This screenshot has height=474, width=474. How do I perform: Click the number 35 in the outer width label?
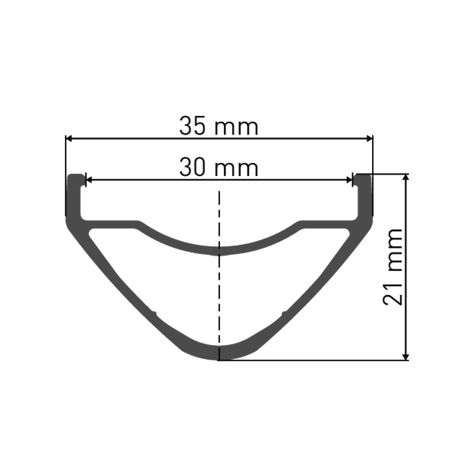[x=194, y=126]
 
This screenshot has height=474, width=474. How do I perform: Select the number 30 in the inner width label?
[x=194, y=168]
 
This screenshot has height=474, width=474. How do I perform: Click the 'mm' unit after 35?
[x=236, y=128]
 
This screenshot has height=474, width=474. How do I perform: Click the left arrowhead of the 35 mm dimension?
[x=69, y=139]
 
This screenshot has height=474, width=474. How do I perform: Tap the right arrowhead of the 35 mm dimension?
[x=369, y=139]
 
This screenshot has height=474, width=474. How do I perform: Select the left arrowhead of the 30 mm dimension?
[x=89, y=181]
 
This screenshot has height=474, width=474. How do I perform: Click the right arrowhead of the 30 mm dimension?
[x=349, y=181]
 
